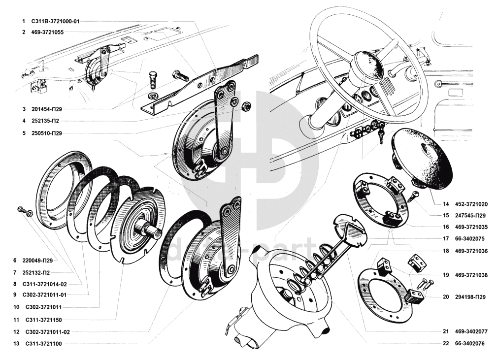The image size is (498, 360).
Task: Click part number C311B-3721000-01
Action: point(55,22)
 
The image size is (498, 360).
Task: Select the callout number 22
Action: point(445,343)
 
